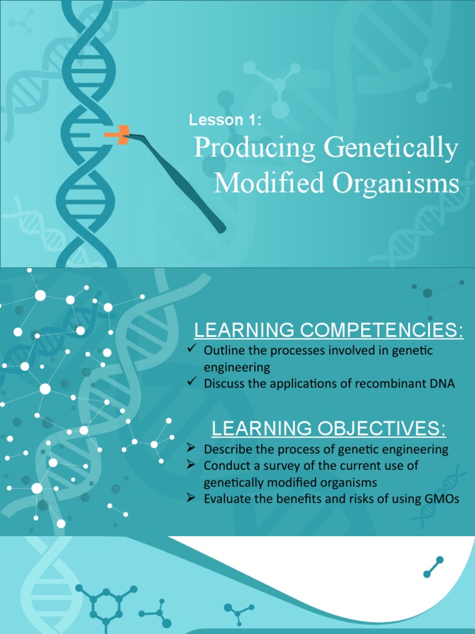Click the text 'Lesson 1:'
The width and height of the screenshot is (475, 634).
tap(225, 120)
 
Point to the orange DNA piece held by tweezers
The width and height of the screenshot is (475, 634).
tap(118, 134)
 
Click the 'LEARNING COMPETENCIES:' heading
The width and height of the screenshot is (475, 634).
tap(328, 331)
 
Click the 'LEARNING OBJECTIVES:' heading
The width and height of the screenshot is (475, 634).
tap(328, 428)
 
